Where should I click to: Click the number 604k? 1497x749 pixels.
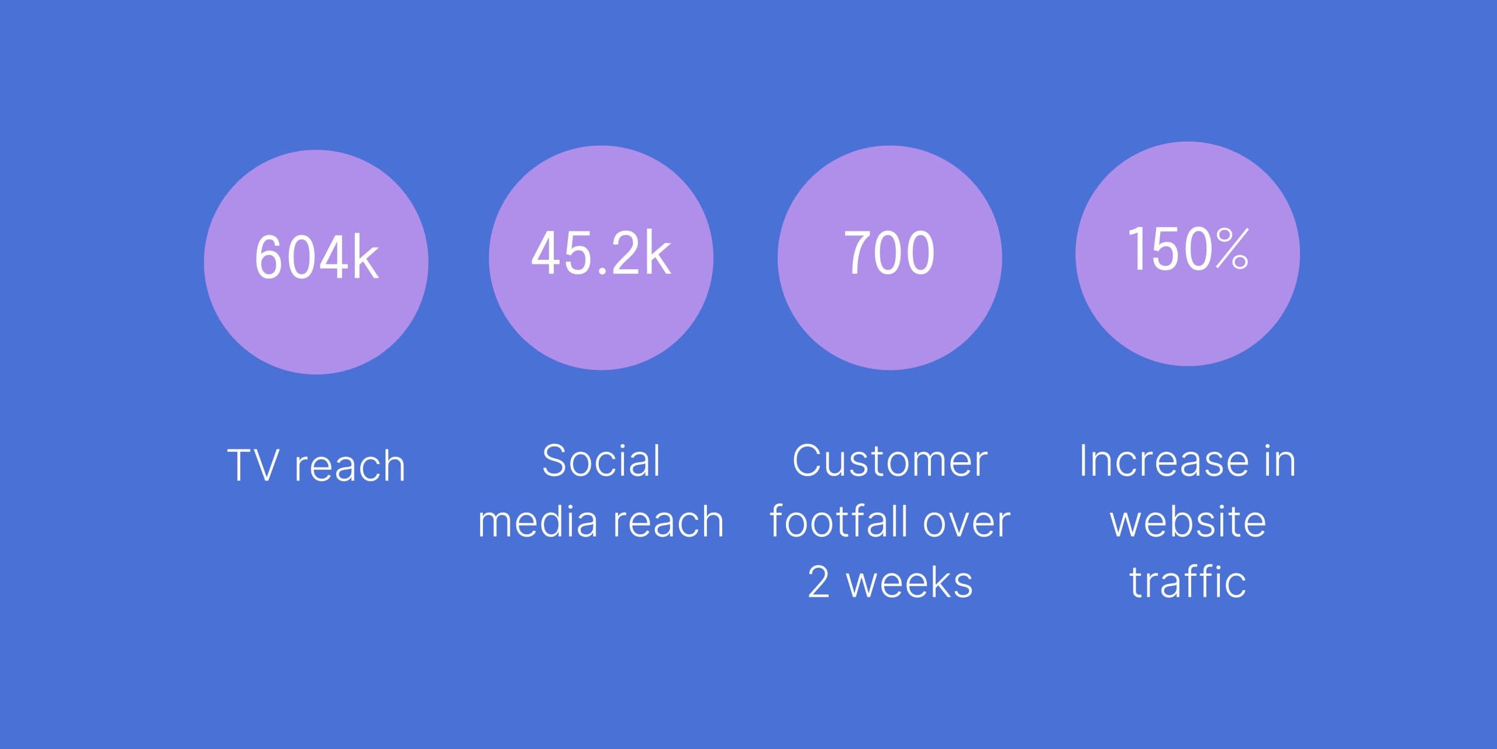(316, 256)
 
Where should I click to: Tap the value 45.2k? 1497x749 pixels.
(601, 252)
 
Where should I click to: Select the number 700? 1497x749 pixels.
(889, 252)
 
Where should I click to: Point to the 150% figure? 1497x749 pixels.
(1187, 249)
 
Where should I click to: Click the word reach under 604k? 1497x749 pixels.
(350, 466)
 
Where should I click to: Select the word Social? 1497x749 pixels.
(601, 461)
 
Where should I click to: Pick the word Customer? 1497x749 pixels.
(889, 461)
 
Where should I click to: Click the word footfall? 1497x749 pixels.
(839, 521)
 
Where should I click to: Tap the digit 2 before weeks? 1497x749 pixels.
(819, 582)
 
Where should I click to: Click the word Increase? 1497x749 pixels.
(1163, 461)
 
